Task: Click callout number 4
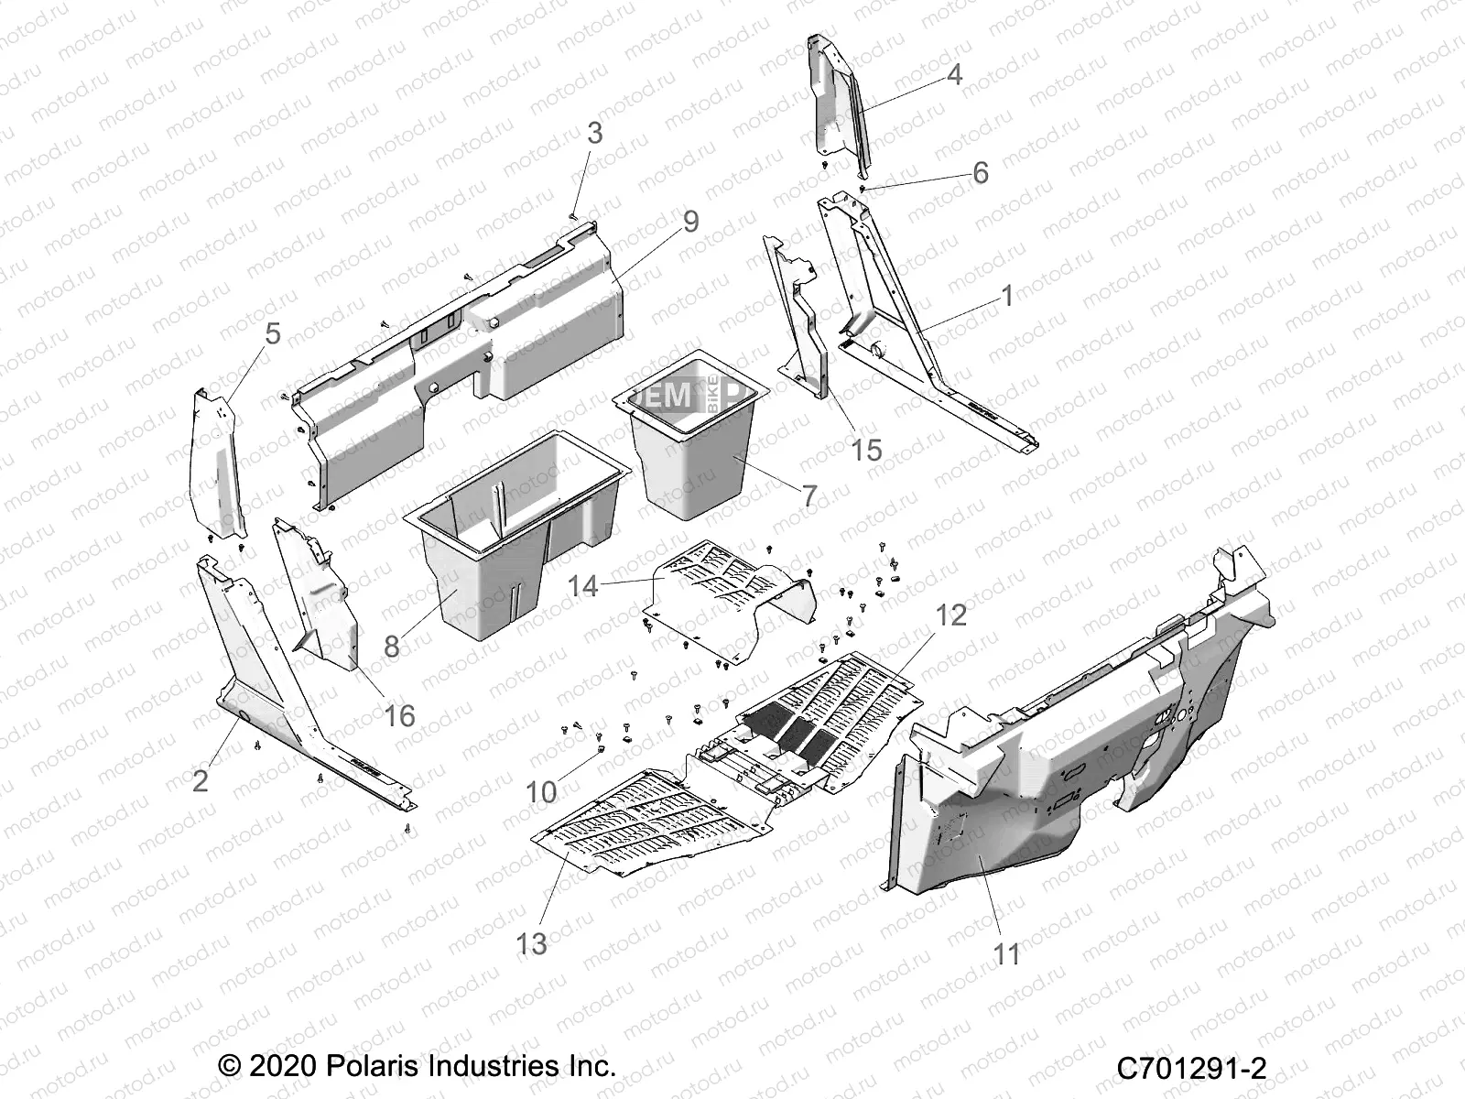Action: [954, 75]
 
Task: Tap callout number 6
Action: [981, 172]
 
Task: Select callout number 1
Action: [1007, 297]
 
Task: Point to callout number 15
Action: [866, 450]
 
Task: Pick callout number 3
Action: [595, 134]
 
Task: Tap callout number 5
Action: [273, 334]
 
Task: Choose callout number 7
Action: [809, 495]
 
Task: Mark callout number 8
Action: [392, 647]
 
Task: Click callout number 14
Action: [583, 586]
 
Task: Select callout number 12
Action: [952, 615]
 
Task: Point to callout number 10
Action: [542, 791]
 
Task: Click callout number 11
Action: [1007, 954]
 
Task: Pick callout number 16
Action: [399, 715]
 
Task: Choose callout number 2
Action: [201, 781]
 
